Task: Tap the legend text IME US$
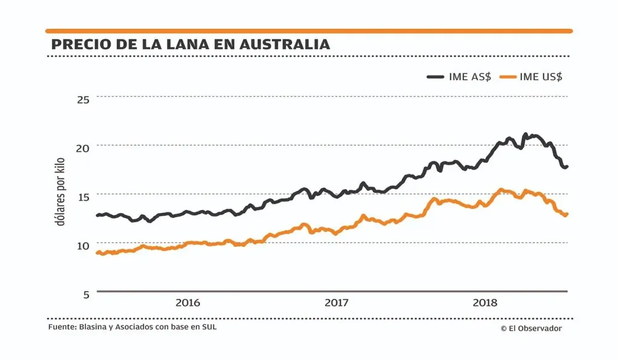point(540,77)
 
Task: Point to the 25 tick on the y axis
point(83,99)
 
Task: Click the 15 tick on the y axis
point(83,196)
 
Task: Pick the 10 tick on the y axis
point(83,245)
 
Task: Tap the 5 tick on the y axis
point(86,293)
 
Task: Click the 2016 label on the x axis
point(188,303)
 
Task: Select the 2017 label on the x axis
point(336,303)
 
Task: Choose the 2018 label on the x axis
point(485,303)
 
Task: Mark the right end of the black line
point(566,167)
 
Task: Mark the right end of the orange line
point(566,214)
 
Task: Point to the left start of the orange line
point(97,252)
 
